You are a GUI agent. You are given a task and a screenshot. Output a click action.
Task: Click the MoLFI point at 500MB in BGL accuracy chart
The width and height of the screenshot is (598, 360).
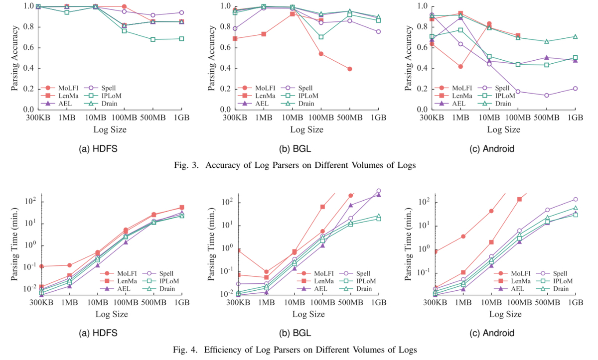pyautogui.click(x=350, y=69)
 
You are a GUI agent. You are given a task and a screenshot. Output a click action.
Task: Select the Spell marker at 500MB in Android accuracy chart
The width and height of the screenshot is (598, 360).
pyautogui.click(x=547, y=95)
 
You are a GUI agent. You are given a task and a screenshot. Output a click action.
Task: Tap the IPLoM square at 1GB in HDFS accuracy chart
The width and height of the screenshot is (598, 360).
pyautogui.click(x=181, y=39)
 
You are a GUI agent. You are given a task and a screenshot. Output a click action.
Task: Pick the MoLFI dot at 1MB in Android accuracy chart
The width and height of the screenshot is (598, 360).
pyautogui.click(x=460, y=67)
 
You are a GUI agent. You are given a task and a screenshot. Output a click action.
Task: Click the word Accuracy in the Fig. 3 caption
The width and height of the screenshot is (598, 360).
pyautogui.click(x=223, y=165)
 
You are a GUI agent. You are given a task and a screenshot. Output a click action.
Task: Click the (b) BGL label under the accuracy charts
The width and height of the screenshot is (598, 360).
pyautogui.click(x=295, y=148)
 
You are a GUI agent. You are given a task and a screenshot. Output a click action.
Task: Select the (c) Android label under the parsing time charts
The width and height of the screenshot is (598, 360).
pyautogui.click(x=492, y=333)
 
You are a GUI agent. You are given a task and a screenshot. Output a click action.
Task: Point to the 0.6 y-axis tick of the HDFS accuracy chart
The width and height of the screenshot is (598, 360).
pyautogui.click(x=28, y=48)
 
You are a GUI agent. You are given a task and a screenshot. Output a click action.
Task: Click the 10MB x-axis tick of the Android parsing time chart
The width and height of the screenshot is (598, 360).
pyautogui.click(x=491, y=302)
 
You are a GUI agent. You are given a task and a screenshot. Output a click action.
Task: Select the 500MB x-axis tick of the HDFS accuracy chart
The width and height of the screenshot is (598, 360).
pyautogui.click(x=152, y=118)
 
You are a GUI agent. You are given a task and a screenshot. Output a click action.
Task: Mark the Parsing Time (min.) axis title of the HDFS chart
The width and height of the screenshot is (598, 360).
pyautogui.click(x=14, y=244)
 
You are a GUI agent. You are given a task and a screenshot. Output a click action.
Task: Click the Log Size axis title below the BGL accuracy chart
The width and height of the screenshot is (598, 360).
pyautogui.click(x=307, y=129)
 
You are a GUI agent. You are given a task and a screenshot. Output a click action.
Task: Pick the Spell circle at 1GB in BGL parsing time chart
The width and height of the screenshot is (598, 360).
pyautogui.click(x=379, y=191)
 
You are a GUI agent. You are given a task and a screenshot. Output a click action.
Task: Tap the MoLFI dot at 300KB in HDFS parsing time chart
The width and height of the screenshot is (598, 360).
pyautogui.click(x=42, y=266)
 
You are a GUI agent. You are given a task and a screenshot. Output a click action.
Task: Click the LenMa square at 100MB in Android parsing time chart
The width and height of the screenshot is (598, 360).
pyautogui.click(x=519, y=199)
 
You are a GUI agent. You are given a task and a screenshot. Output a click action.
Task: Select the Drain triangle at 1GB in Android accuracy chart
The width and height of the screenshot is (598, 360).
pyautogui.click(x=575, y=36)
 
